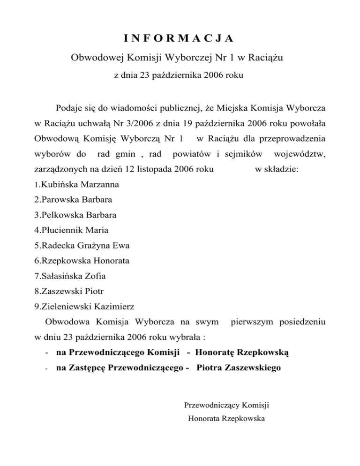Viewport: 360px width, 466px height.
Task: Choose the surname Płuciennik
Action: pyautogui.click(x=61, y=230)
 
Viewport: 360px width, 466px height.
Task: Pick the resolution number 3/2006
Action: pyautogui.click(x=135, y=123)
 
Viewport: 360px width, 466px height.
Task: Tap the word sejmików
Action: pyautogui.click(x=239, y=154)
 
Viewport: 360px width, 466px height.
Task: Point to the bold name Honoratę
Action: pyautogui.click(x=217, y=352)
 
